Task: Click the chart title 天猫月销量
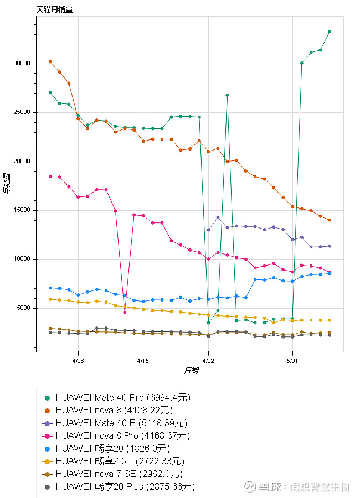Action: (x=54, y=9)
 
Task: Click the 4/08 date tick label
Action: (x=78, y=360)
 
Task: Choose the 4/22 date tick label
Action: (x=208, y=360)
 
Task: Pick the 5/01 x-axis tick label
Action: (x=292, y=360)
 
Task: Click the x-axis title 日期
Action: (x=191, y=371)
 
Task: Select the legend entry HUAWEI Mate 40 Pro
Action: (x=100, y=398)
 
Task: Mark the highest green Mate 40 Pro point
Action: (x=330, y=32)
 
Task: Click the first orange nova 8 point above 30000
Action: (x=50, y=62)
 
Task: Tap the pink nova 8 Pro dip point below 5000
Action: (x=125, y=313)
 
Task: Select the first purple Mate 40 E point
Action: (x=208, y=230)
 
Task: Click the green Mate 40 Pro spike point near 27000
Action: (x=227, y=95)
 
